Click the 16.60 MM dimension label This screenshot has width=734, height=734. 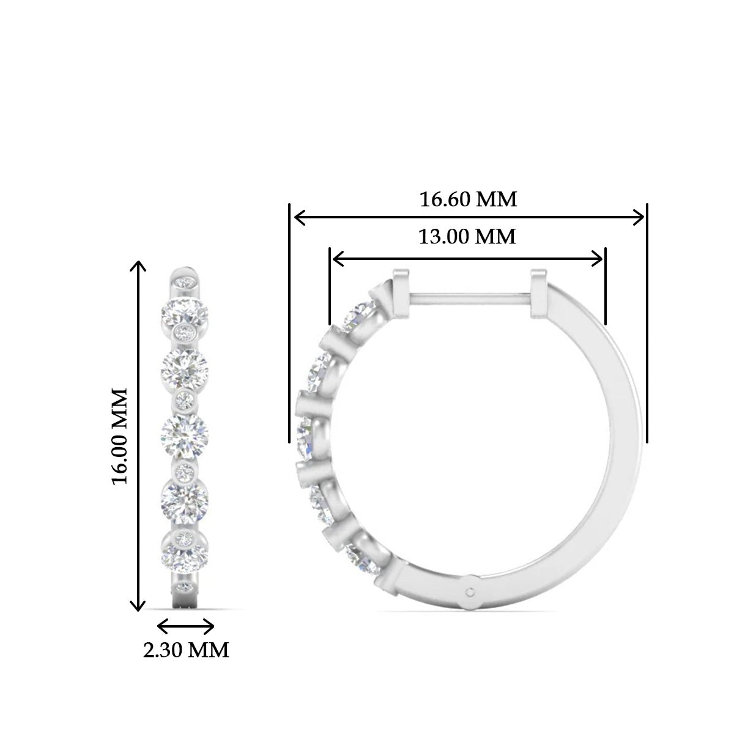tap(468, 199)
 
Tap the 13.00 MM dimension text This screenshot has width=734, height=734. tap(467, 236)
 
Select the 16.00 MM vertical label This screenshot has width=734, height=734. tap(120, 435)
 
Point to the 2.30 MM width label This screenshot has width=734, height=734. tap(186, 650)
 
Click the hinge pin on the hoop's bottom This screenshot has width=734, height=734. tap(470, 591)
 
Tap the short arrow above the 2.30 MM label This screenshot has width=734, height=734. tap(186, 626)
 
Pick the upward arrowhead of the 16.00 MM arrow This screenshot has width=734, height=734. tap(139, 265)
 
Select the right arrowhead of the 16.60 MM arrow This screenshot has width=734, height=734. tap(640, 217)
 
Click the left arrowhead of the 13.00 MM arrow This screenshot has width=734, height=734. tap(335, 259)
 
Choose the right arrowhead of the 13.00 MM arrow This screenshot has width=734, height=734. tap(599, 259)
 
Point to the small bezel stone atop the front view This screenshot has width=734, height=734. tap(185, 282)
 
